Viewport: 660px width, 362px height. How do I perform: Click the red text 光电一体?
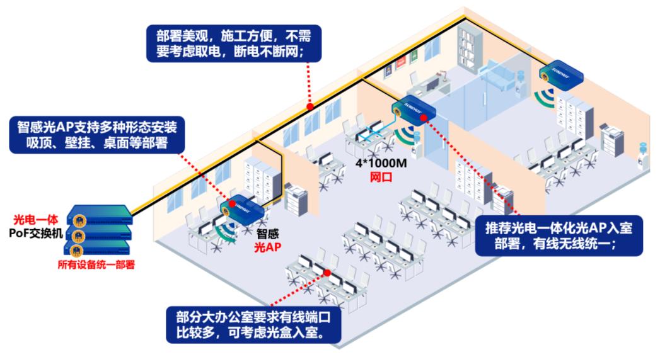click(35, 220)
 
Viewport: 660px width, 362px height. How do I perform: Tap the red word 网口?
click(381, 178)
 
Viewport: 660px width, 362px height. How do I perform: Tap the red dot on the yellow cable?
click(308, 105)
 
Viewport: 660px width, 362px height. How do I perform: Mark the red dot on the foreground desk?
click(328, 273)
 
